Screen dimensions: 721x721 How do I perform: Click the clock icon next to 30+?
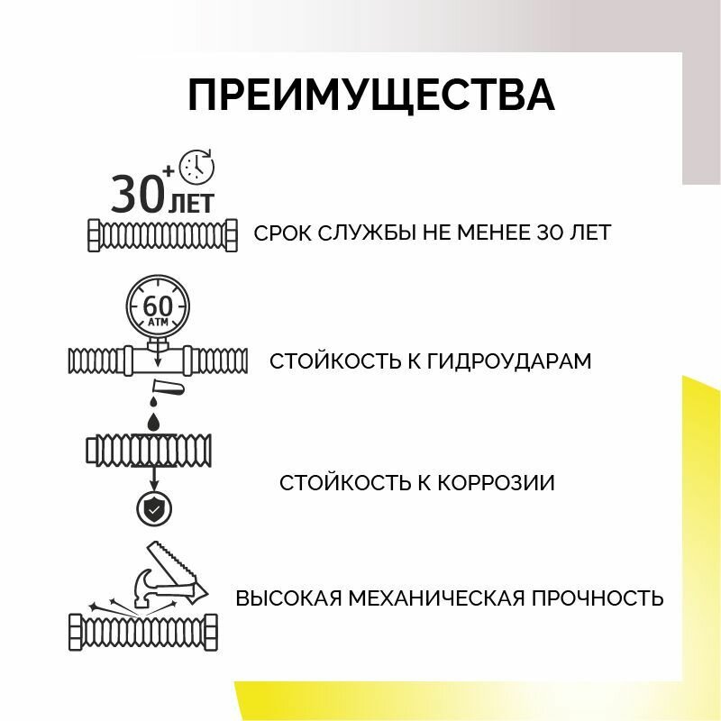tap(197, 166)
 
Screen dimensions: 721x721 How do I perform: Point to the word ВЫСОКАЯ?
tap(284, 598)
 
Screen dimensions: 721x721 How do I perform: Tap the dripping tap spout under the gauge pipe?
tap(169, 389)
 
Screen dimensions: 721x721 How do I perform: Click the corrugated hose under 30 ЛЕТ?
tap(162, 236)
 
